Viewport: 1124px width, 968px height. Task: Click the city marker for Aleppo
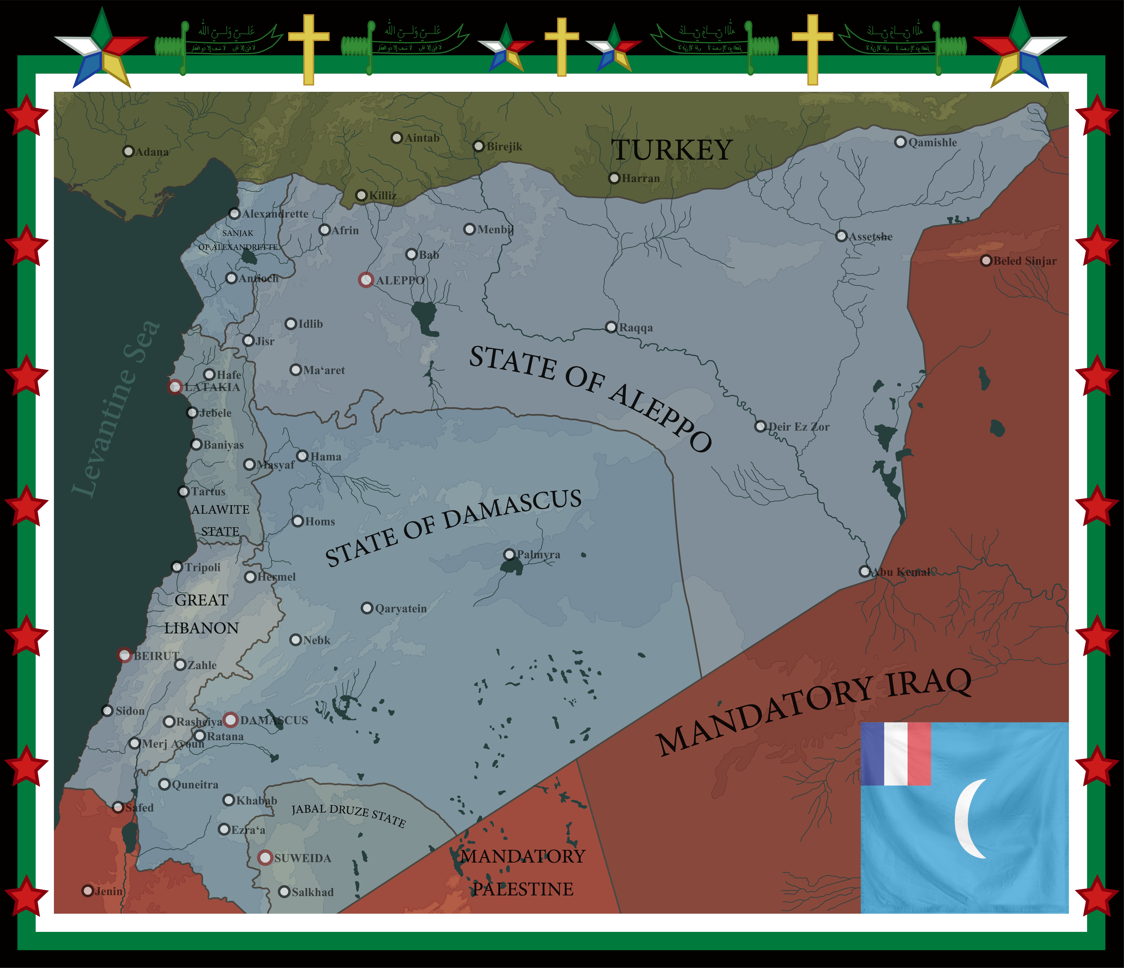coord(366,280)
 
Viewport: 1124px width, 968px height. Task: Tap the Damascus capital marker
coord(231,720)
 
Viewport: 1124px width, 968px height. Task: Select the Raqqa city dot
coord(611,327)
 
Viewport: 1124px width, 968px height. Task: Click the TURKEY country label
coord(672,150)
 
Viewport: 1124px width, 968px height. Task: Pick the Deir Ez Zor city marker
coord(760,427)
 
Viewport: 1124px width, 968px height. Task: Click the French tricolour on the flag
coord(896,754)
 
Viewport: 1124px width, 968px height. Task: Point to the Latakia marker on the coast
coord(175,387)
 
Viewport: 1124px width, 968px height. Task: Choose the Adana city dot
coord(129,151)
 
